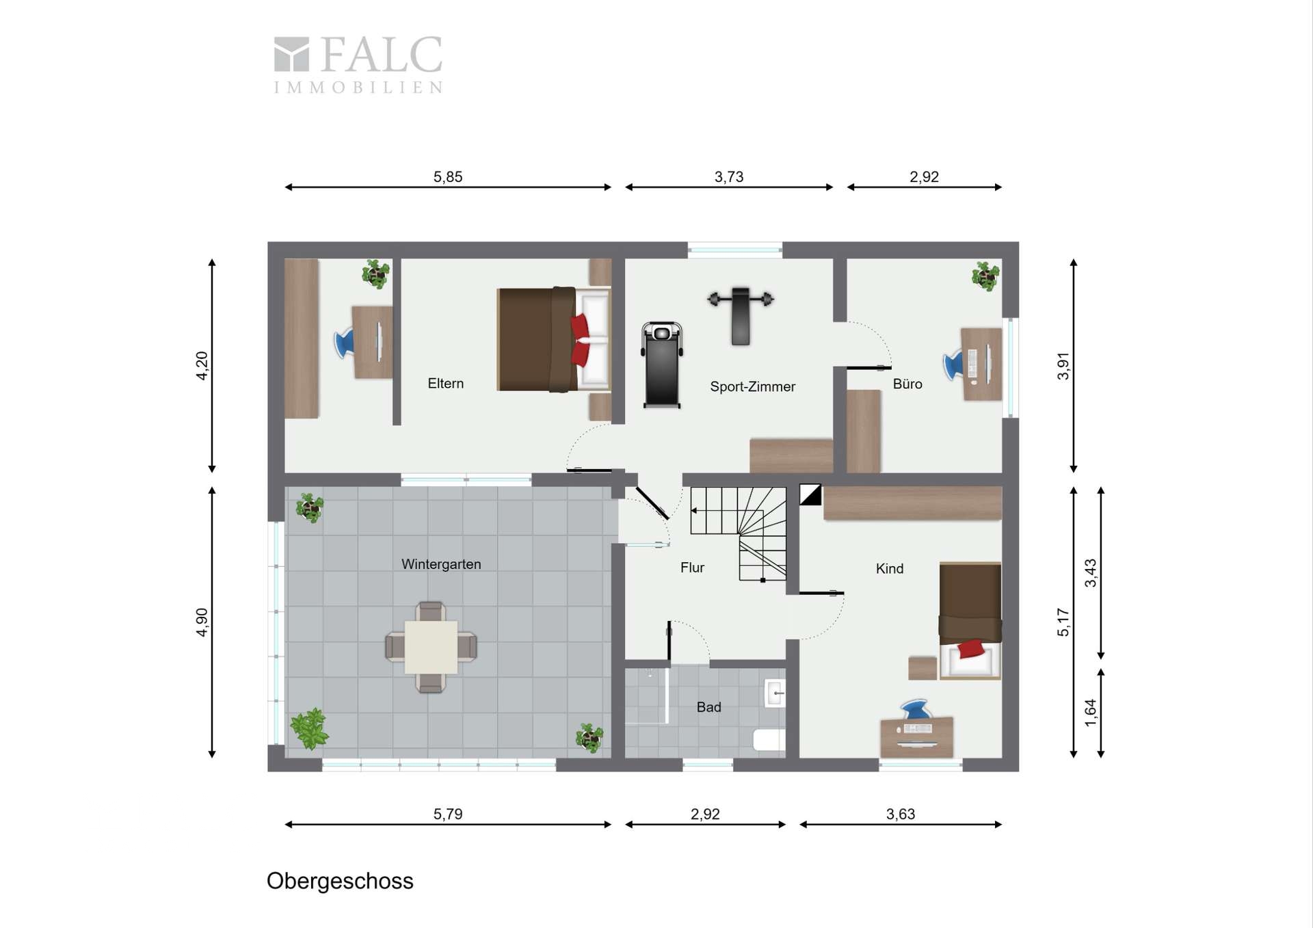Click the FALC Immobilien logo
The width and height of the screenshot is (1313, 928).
[358, 64]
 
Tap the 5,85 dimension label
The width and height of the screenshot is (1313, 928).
[448, 176]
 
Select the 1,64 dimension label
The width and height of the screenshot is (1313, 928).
[1090, 713]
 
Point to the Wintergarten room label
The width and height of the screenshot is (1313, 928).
[441, 564]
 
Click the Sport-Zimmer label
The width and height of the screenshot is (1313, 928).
[752, 386]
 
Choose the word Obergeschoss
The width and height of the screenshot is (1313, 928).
[340, 881]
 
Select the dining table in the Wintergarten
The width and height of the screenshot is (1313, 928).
[431, 647]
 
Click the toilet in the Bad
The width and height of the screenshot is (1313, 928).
[769, 740]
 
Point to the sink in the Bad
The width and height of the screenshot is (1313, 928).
[775, 694]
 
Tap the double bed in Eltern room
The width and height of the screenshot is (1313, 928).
[553, 340]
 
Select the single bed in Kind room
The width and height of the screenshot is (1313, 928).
[970, 621]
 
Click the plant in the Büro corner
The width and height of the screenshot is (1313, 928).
[985, 276]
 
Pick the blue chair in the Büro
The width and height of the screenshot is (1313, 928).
[953, 364]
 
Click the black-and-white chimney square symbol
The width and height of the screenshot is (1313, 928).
[810, 495]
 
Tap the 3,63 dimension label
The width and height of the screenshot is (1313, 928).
[901, 814]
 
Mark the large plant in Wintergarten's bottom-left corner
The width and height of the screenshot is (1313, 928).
[310, 729]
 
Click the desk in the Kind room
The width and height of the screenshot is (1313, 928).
[917, 737]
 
